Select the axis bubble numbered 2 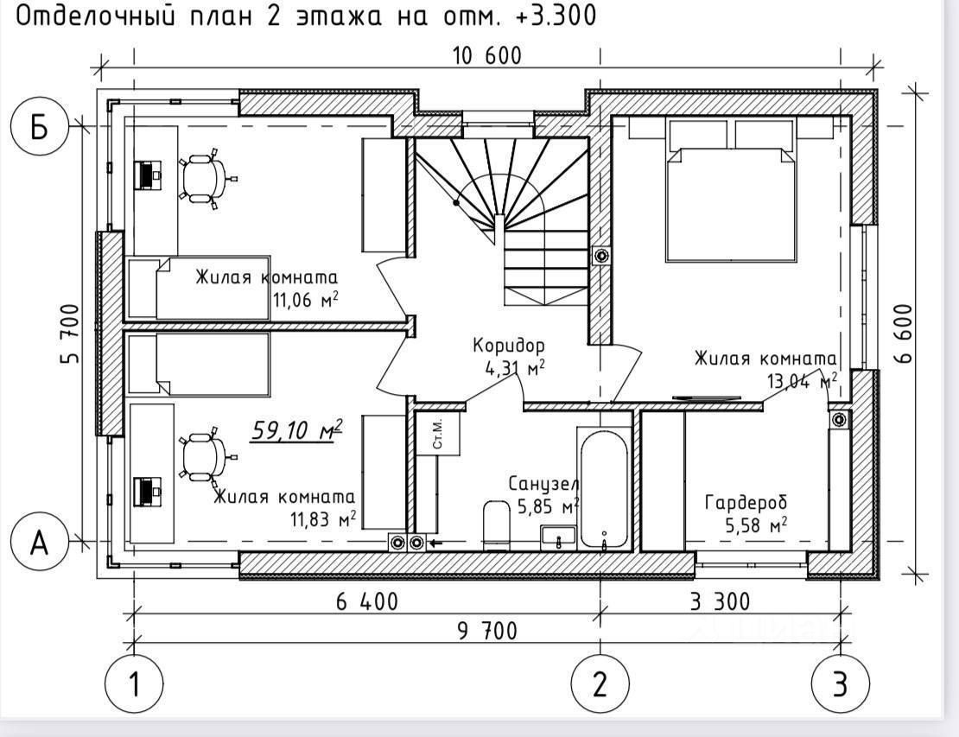pos(600,683)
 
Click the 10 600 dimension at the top pos(486,57)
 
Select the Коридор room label pos(508,346)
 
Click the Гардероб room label pos(746,502)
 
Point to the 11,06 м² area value pos(304,299)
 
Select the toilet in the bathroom pos(497,524)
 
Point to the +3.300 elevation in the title pos(550,16)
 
